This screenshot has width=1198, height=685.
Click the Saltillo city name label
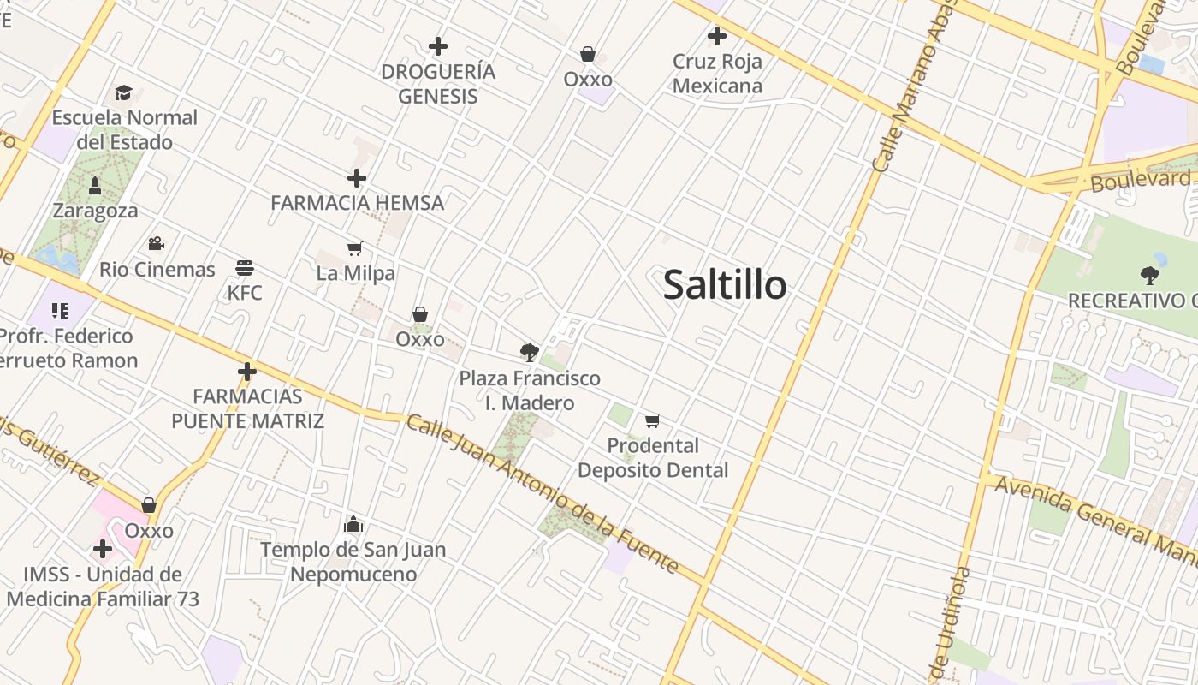725,284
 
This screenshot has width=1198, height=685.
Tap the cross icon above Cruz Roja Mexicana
717,36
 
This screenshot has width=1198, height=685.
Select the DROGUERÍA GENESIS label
438,83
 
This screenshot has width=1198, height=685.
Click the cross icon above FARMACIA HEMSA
357,178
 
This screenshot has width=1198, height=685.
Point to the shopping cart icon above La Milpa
354,248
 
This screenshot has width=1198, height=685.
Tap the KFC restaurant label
245,293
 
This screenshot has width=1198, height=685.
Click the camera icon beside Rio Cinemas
156,244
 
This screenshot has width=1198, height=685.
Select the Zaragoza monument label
95,211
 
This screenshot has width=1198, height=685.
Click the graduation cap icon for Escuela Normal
124,92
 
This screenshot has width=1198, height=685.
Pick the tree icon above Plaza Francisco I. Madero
530,352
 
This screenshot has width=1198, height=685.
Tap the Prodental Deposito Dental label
653,457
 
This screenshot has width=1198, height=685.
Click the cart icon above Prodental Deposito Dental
653,420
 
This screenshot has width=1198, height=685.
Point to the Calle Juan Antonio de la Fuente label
543,495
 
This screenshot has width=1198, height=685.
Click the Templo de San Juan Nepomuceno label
353,562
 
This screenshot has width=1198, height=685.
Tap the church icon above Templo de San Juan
353,524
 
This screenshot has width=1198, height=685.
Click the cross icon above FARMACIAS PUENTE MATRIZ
247,372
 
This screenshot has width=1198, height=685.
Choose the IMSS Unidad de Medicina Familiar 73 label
103,587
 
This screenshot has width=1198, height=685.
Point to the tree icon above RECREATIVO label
1150,275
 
